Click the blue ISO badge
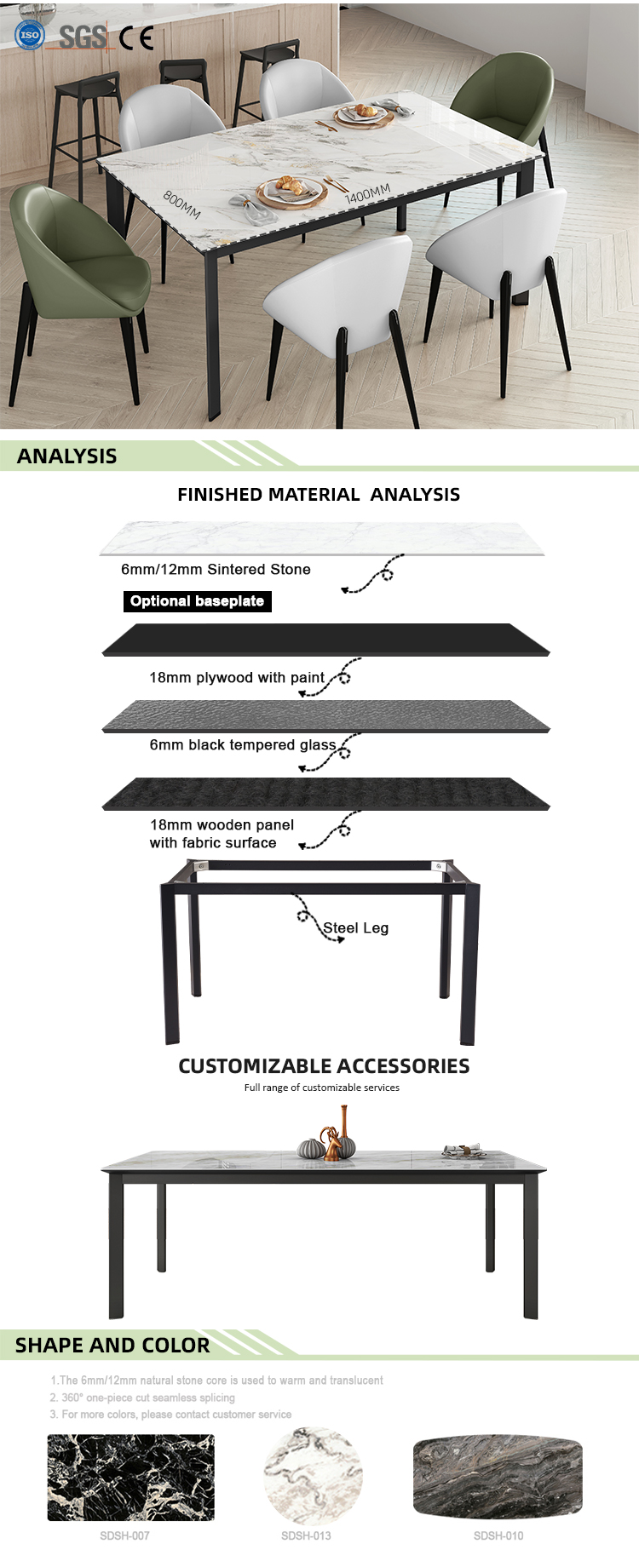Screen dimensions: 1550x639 30,35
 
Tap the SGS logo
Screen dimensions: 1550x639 83,37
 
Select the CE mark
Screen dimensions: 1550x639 136,37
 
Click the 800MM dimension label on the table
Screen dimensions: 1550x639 181,204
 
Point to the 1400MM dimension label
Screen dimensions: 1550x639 367,193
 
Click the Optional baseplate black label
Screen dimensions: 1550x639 197,601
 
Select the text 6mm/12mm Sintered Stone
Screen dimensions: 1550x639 216,569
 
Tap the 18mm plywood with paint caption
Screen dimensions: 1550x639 237,678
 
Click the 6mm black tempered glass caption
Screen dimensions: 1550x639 243,745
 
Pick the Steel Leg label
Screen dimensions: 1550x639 355,927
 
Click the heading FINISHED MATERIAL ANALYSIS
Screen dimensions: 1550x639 319,495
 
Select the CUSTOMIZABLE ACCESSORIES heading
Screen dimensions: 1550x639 324,1066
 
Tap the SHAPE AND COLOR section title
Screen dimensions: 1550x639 112,1346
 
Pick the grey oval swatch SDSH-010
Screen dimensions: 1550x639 498,1476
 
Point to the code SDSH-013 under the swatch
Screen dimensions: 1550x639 306,1536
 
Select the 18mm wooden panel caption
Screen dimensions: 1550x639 221,834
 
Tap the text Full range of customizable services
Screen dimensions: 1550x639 321,1088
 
